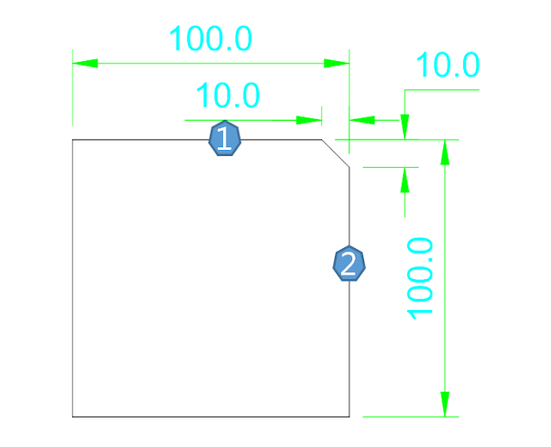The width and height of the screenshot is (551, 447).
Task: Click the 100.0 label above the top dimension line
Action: click(x=210, y=40)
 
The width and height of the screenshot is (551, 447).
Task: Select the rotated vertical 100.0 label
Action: click(x=421, y=277)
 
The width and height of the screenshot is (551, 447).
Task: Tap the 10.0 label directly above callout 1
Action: click(x=228, y=96)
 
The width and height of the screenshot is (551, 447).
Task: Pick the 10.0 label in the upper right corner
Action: click(x=448, y=66)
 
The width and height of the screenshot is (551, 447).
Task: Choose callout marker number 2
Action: click(x=349, y=264)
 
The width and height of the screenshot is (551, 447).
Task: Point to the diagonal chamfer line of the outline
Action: click(x=335, y=152)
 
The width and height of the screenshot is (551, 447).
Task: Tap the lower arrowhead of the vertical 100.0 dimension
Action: click(x=445, y=404)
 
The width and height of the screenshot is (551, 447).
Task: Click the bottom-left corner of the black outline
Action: click(x=72, y=417)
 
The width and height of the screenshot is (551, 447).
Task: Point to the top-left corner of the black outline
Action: click(x=72, y=139)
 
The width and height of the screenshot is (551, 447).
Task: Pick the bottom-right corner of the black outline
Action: click(x=349, y=417)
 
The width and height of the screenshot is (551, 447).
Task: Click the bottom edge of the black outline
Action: click(x=210, y=417)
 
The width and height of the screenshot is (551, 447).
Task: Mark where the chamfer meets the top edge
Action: click(x=321, y=139)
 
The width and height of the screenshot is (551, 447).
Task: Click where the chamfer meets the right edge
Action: click(x=349, y=166)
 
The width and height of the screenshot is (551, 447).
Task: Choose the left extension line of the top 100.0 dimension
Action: click(x=72, y=95)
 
